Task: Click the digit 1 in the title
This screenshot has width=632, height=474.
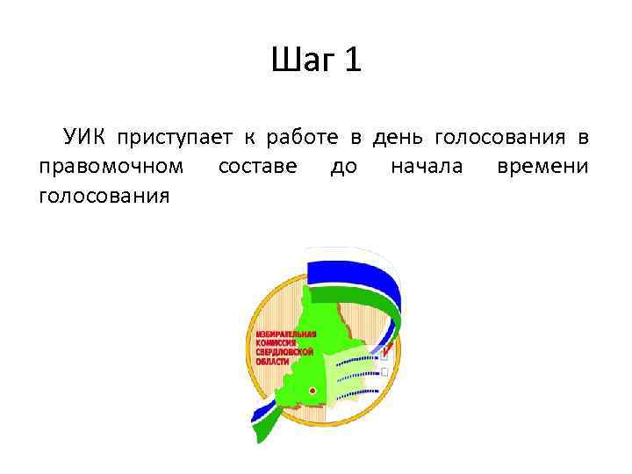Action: pos(352,61)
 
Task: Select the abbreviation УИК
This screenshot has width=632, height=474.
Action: pos(83,137)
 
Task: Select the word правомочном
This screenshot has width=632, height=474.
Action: pos(111,167)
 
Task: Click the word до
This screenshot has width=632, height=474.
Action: pos(343,166)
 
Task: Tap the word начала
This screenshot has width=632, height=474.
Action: pos(427,166)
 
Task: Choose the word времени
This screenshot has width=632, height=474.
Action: pos(542,166)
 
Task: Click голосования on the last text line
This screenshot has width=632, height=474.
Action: pos(104,195)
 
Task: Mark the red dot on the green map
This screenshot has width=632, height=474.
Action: pos(312,389)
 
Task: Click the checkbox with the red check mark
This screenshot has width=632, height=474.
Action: pos(384,355)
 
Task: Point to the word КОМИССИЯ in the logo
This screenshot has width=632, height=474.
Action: pos(277,342)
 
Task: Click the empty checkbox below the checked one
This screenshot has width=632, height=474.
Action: pos(384,371)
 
